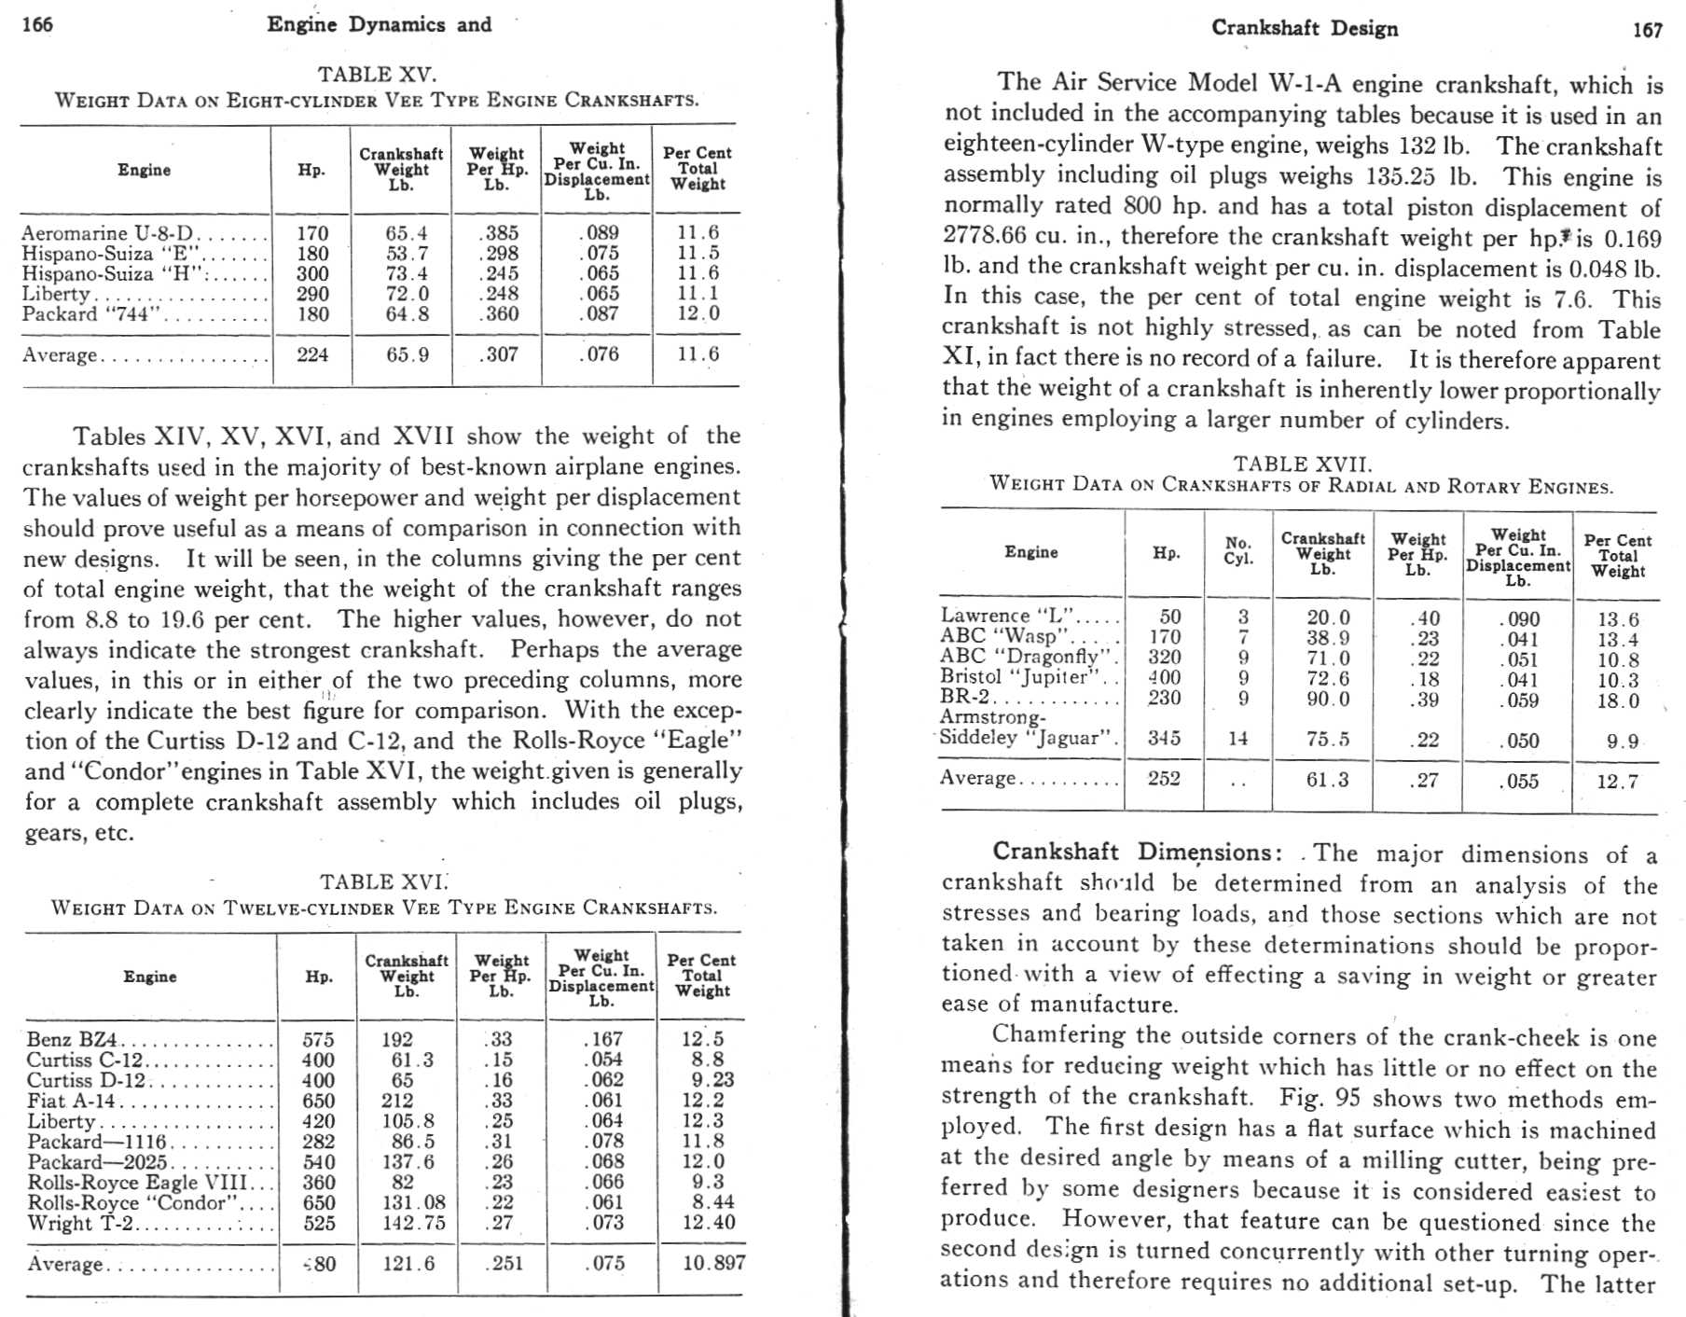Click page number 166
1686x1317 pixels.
click(37, 25)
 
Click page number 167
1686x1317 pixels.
click(1647, 30)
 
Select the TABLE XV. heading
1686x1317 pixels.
click(377, 75)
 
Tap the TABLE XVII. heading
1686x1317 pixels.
click(1302, 464)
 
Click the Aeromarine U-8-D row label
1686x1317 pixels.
click(107, 233)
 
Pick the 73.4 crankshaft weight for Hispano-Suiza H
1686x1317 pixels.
click(407, 273)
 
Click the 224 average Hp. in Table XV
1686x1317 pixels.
click(312, 354)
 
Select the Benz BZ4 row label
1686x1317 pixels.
click(72, 1039)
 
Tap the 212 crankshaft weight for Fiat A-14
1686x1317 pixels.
click(397, 1101)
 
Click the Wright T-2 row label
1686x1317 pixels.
click(80, 1223)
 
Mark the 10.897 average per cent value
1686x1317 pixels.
click(713, 1263)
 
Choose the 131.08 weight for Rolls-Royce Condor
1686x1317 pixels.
click(414, 1202)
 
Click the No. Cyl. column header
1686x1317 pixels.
click(1238, 550)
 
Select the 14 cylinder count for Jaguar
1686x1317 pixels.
click(1237, 739)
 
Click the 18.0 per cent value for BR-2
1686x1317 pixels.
click(1617, 700)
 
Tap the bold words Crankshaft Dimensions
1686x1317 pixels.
click(1137, 852)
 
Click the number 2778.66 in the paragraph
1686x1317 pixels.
click(984, 236)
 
